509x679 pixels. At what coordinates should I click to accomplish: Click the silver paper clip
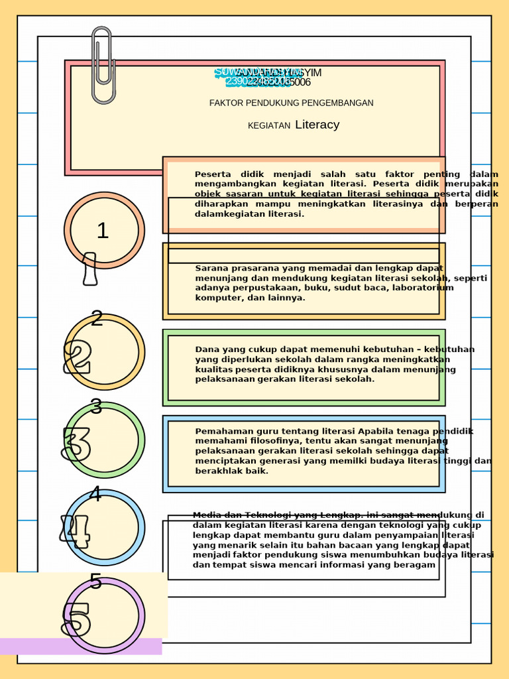[102, 65]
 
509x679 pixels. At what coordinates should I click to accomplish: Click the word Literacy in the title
[317, 125]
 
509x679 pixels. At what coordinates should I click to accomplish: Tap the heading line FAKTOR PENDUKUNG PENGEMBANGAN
[291, 103]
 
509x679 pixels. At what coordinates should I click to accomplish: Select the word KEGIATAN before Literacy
[269, 125]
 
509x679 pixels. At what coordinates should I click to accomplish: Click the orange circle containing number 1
[104, 230]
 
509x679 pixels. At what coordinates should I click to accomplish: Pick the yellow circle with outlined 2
[104, 352]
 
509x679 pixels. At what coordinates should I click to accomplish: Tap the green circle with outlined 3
[104, 440]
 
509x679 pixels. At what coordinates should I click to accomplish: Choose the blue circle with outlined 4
[104, 528]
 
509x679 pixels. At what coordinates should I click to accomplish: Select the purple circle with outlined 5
[104, 616]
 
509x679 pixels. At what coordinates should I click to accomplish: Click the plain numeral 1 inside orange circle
[102, 231]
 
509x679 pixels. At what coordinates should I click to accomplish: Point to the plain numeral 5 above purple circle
[95, 582]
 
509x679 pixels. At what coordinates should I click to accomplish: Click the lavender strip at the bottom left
[80, 647]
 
